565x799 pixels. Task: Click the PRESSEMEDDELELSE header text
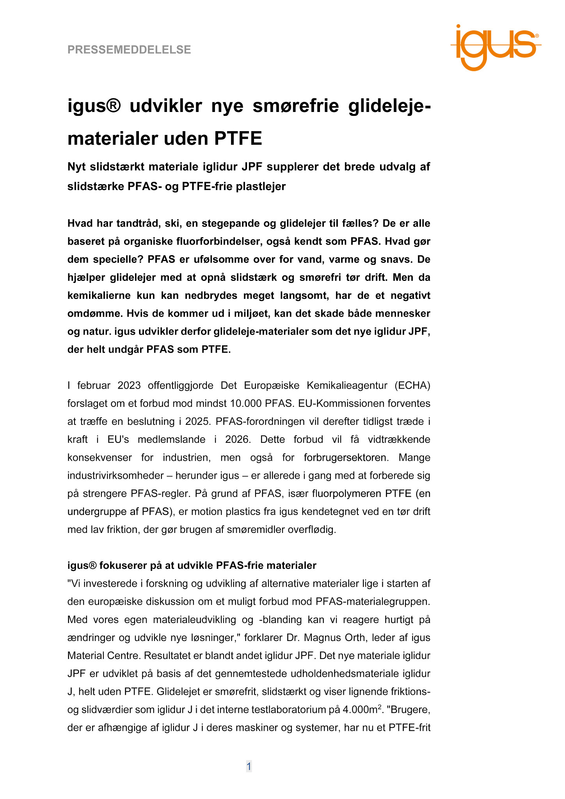(129, 50)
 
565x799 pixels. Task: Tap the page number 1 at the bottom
(249, 767)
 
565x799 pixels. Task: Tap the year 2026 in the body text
(237, 439)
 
